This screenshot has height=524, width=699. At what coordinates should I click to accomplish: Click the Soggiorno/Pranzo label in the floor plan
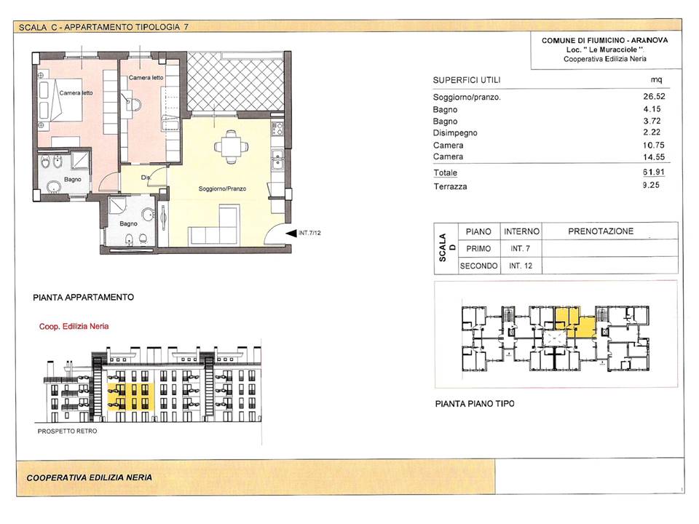point(222,188)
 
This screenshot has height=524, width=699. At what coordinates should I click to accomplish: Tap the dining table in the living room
point(232,146)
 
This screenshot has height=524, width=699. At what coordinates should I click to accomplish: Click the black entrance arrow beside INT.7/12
point(291,233)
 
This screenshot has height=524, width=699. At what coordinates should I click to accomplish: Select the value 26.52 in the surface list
point(654,96)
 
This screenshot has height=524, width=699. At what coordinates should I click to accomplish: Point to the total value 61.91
point(654,172)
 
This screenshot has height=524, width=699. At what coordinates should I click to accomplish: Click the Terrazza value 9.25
point(651,185)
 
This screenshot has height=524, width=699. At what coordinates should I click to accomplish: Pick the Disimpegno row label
point(454,132)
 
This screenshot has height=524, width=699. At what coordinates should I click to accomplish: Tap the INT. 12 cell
point(521,266)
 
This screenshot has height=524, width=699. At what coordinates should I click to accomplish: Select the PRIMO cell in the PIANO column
point(478,249)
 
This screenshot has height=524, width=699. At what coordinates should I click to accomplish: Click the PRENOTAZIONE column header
point(601,231)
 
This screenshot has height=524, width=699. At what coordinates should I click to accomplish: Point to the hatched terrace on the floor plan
point(236,82)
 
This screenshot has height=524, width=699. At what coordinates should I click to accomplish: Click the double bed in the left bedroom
point(60,100)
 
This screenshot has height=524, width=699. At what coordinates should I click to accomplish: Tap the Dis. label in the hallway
point(146,178)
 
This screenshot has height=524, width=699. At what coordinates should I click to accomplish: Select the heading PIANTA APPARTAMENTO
point(83,297)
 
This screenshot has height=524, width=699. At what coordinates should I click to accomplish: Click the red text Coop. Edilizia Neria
point(74,326)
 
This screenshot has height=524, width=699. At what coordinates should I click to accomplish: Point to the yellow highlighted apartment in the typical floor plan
point(575,322)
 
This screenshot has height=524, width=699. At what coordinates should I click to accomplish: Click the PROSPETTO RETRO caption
point(67,431)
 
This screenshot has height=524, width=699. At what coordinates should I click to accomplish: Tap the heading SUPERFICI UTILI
point(467,80)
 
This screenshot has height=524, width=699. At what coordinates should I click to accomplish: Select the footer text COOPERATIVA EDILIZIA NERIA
point(89,477)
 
